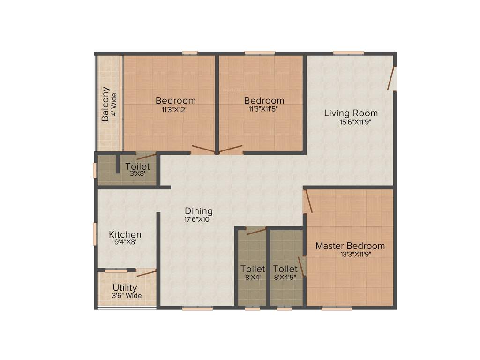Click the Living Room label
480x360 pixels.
pyautogui.click(x=351, y=113)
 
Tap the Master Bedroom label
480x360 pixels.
pyautogui.click(x=350, y=246)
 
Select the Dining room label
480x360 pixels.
pyautogui.click(x=198, y=211)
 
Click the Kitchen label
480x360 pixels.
pyautogui.click(x=125, y=234)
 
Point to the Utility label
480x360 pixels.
pyautogui.click(x=125, y=287)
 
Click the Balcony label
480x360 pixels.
pyautogui.click(x=106, y=104)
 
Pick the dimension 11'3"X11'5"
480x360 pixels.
pyautogui.click(x=264, y=109)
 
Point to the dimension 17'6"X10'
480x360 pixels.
pyautogui.click(x=199, y=219)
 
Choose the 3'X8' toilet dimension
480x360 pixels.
pyautogui.click(x=137, y=174)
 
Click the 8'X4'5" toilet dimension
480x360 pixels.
pyautogui.click(x=285, y=277)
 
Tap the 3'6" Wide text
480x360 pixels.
pyautogui.click(x=127, y=296)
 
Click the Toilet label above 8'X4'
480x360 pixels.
pyautogui.click(x=253, y=269)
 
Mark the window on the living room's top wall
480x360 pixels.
pyautogui.click(x=348, y=52)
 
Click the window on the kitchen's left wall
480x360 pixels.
pyautogui.click(x=95, y=233)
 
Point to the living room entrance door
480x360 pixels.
pyautogui.click(x=392, y=78)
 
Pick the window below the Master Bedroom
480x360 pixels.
pyautogui.click(x=337, y=308)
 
